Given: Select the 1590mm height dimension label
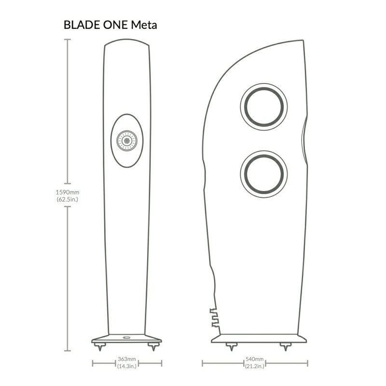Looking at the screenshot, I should [67, 192].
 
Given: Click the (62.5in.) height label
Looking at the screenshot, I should [67, 199].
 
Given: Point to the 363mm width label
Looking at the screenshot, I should [126, 359].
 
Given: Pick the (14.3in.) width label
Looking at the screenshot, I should [126, 366].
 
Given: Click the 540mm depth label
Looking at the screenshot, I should [254, 359].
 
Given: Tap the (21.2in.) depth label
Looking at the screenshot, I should [254, 366].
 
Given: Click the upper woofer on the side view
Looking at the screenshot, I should [264, 107].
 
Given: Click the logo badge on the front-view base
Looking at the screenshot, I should [126, 338].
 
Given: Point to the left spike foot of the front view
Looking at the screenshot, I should [101, 346].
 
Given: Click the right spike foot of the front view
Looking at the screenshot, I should [153, 346].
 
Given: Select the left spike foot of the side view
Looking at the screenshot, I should [231, 346].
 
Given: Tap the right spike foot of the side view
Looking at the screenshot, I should [286, 346].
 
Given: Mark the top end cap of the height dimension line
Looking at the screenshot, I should [67, 40].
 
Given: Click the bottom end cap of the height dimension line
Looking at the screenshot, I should [67, 351].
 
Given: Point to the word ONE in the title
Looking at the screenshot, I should [113, 25].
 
